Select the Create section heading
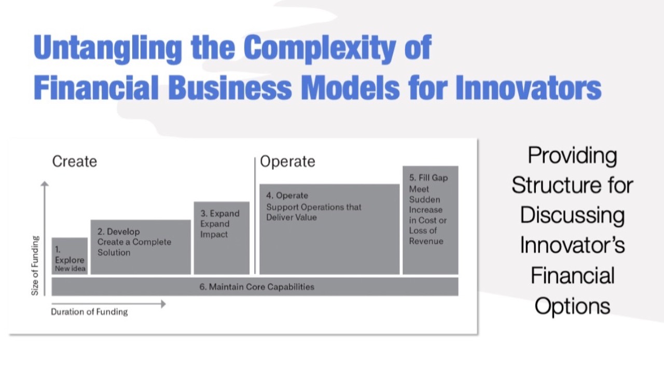(74, 162)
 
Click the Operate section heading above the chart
(287, 162)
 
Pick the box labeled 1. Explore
(70, 256)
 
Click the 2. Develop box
(141, 247)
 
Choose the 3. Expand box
(222, 238)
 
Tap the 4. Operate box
(329, 229)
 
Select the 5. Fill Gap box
(430, 220)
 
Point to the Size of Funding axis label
(35, 265)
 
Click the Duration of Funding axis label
(89, 312)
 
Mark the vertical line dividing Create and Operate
(255, 216)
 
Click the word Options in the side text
(572, 306)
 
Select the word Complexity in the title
(322, 48)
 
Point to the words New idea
(70, 269)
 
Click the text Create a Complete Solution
(134, 247)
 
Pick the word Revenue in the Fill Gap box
(426, 241)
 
